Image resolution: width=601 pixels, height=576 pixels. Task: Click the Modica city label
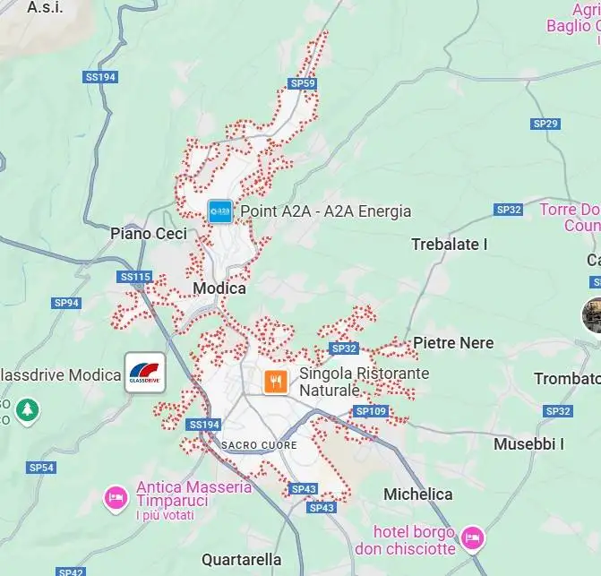click(219, 289)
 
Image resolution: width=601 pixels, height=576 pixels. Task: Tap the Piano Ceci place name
click(149, 234)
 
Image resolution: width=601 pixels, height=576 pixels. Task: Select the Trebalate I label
click(449, 245)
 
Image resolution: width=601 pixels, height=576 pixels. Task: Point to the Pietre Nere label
click(453, 343)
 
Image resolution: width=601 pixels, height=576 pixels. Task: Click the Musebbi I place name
click(528, 443)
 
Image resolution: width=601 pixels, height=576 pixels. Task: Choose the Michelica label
click(417, 494)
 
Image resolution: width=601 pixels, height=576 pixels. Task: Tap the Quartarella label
click(242, 559)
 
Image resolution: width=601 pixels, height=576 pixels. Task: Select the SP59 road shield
click(303, 83)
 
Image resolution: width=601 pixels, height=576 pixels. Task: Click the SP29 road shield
click(545, 124)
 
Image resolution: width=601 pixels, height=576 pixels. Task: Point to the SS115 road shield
click(135, 277)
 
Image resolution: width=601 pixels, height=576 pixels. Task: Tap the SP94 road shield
click(66, 303)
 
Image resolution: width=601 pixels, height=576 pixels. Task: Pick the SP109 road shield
click(370, 411)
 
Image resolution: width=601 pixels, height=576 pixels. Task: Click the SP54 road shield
click(41, 468)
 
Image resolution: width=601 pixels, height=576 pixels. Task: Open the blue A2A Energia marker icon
click(220, 211)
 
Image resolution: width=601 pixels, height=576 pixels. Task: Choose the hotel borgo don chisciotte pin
click(473, 537)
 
